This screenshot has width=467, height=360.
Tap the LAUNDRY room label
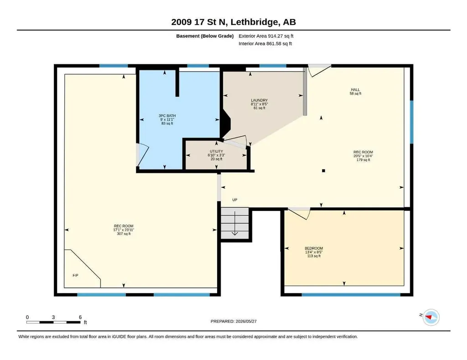pos(259,100)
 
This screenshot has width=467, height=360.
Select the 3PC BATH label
pos(167,116)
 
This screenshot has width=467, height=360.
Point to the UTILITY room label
pos(216,151)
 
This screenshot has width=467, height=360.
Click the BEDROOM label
pos(314,248)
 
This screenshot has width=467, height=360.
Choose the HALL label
pos(355,90)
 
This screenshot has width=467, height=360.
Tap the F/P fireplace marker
pos(76,276)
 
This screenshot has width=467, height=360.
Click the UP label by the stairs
pos(235,200)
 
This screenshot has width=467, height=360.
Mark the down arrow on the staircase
pos(235,223)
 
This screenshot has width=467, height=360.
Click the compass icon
pos(431,317)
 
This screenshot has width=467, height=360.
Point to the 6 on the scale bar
pos(80,317)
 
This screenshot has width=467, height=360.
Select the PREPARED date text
pos(233,321)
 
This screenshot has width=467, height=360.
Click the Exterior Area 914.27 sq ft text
pos(266,36)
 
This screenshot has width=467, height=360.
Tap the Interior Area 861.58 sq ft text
pos(265,43)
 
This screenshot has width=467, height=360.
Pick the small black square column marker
pos(323,171)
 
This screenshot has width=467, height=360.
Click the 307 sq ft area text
pos(124,234)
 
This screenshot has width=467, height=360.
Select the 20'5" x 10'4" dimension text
pos(363,156)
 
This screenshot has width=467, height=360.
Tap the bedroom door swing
pos(300,213)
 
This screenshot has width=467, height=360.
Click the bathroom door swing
pos(142,155)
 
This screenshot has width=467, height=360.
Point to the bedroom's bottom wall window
pos(351,295)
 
